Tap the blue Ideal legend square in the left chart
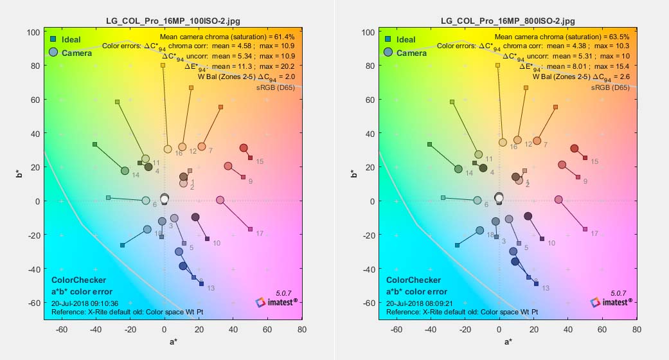(x=53, y=40)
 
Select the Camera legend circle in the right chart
(x=389, y=53)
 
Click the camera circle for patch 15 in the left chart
(x=244, y=148)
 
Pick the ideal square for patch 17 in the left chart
(x=250, y=229)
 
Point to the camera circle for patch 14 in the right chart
(x=458, y=169)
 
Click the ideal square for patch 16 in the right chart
(x=498, y=65)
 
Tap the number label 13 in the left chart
(x=211, y=288)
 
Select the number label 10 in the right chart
(x=551, y=243)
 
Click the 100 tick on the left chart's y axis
(x=32, y=32)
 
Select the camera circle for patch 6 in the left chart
(x=146, y=201)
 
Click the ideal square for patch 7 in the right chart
(x=555, y=107)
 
